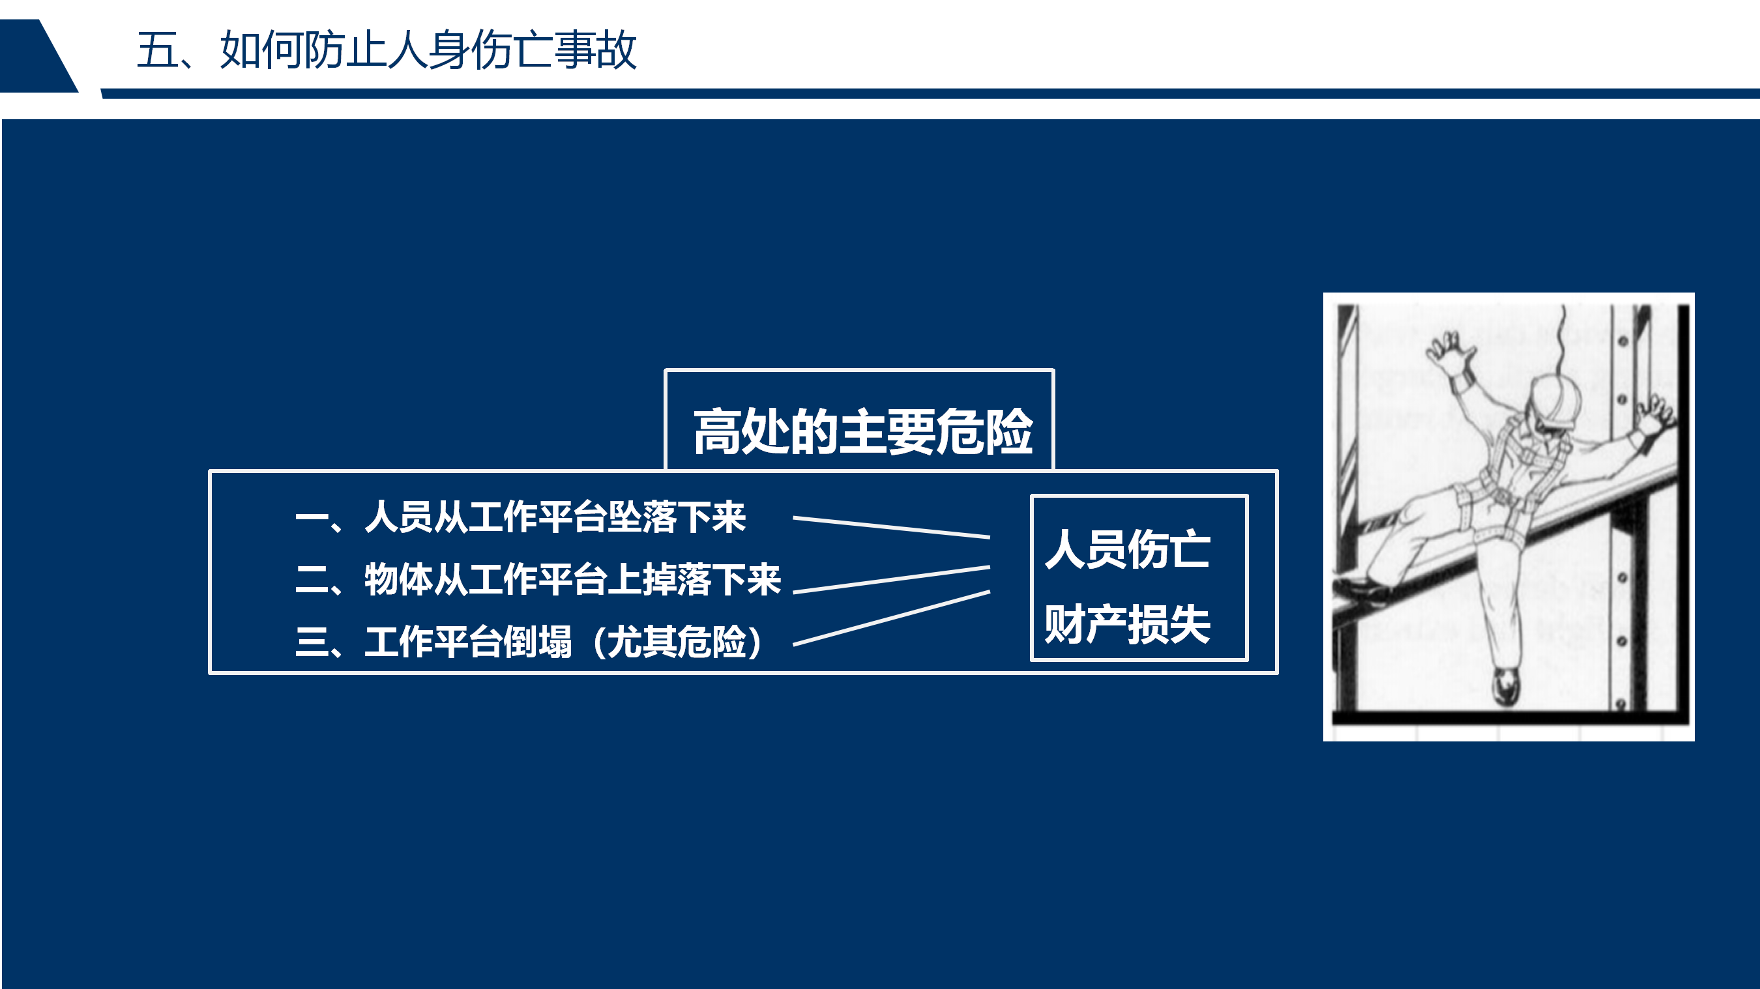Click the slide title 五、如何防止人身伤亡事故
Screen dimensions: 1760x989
[x=387, y=50]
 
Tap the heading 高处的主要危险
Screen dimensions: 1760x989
[x=863, y=432]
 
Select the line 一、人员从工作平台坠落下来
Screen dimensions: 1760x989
[x=521, y=517]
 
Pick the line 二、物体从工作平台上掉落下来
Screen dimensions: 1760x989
[x=538, y=579]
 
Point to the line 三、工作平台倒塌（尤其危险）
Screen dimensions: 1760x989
[x=530, y=642]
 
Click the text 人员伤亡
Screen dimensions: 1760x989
[x=1128, y=549]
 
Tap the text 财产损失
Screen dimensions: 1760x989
[x=1128, y=623]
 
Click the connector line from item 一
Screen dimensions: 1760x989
[x=892, y=527]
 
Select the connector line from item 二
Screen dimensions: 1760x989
[x=892, y=579]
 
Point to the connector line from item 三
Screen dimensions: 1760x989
[x=892, y=618]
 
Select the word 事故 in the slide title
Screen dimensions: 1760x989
[x=596, y=50]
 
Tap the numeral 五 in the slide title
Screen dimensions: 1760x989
[x=157, y=50]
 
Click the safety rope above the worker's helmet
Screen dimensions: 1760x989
[x=1561, y=341]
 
